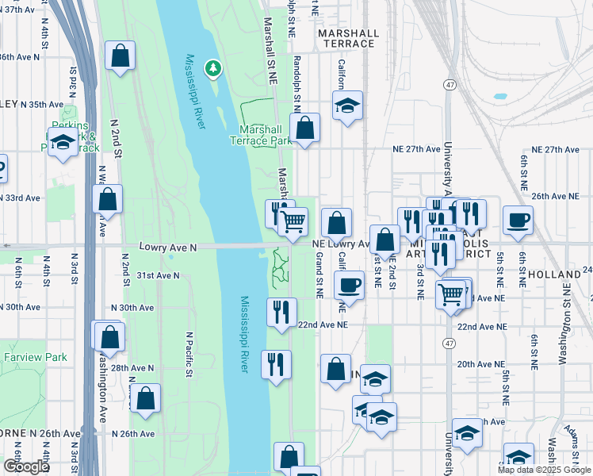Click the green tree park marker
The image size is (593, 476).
[x=212, y=69]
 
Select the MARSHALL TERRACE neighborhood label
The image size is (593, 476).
[x=347, y=38]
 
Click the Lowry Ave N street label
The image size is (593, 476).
[x=167, y=247]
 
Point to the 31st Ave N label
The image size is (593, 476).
[x=158, y=275]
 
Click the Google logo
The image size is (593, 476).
[x=25, y=466]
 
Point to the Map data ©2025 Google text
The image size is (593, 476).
[x=544, y=470]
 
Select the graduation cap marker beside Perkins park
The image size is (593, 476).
[x=62, y=143]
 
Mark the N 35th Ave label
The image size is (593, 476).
[x=42, y=105]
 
